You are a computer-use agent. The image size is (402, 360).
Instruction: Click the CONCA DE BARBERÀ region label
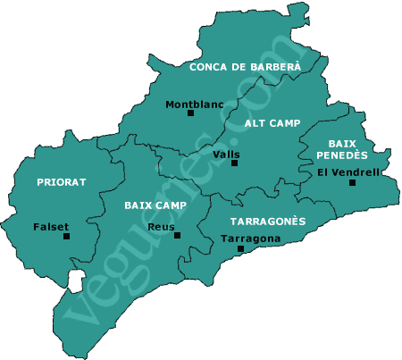[x=245, y=66]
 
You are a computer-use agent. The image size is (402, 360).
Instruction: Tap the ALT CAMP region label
[x=272, y=123]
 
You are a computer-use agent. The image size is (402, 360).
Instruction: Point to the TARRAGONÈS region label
[x=268, y=221]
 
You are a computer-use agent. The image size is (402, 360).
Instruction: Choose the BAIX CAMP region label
[x=155, y=205]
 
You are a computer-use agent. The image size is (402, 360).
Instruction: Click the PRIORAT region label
[x=62, y=181]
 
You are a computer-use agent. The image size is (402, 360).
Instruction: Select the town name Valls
[x=227, y=154]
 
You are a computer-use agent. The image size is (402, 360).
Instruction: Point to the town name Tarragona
[x=250, y=239]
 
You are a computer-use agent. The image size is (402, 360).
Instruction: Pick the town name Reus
[x=161, y=227]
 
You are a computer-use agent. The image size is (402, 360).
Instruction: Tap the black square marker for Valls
[x=235, y=163]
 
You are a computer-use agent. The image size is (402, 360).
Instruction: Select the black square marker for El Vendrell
[x=353, y=182]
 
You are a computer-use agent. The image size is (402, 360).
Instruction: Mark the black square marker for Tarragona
[x=239, y=250]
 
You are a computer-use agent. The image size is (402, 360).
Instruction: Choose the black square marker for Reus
[x=178, y=236]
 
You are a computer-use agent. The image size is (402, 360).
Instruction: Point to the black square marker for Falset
[x=65, y=237]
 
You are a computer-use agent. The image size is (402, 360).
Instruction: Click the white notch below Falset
[x=76, y=280]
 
